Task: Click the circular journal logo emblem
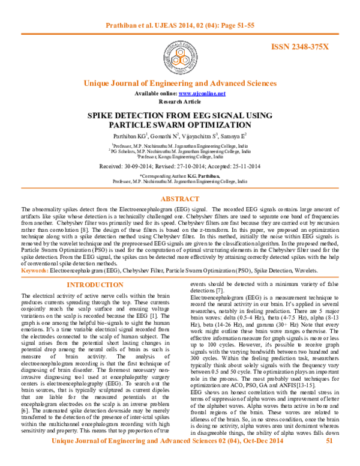click(x=180, y=56)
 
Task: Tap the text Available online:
click(x=156, y=94)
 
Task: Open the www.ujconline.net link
click(x=202, y=94)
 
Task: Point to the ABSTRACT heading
click(x=180, y=199)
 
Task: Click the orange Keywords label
click(x=35, y=271)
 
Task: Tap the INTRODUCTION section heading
click(x=95, y=286)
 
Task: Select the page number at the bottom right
click(x=329, y=441)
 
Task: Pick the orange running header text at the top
click(x=180, y=26)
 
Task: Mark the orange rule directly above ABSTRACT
click(x=180, y=189)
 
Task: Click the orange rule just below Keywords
click(x=180, y=277)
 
